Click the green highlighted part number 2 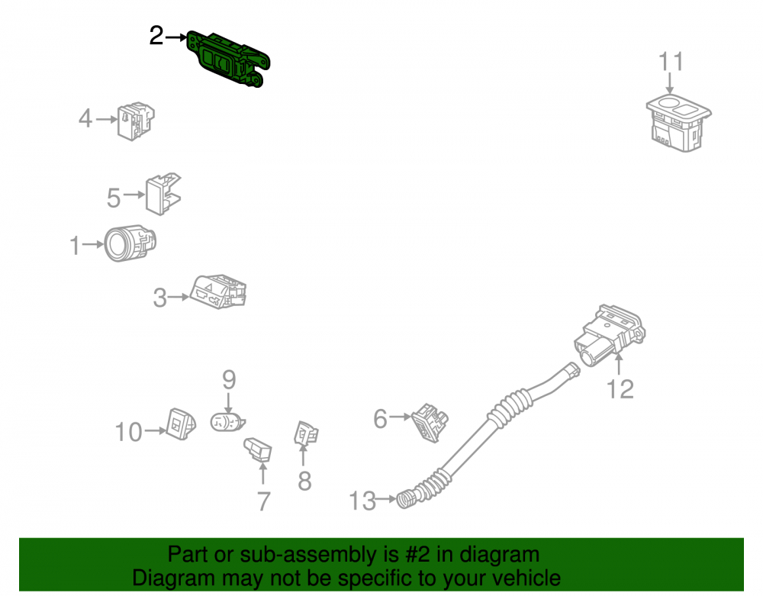[227, 59]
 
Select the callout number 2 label [156, 36]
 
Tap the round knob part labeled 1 [130, 243]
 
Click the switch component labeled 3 [217, 292]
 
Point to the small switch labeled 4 [136, 121]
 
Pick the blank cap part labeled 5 [163, 194]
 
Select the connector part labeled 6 [430, 422]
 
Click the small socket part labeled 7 [258, 449]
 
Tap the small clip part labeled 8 [306, 433]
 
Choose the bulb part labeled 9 [227, 422]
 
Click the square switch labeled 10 [181, 424]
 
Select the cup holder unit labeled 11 [678, 123]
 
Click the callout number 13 [362, 501]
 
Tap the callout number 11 [671, 62]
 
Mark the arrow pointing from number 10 [156, 430]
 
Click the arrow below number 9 [229, 403]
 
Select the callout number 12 [620, 389]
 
